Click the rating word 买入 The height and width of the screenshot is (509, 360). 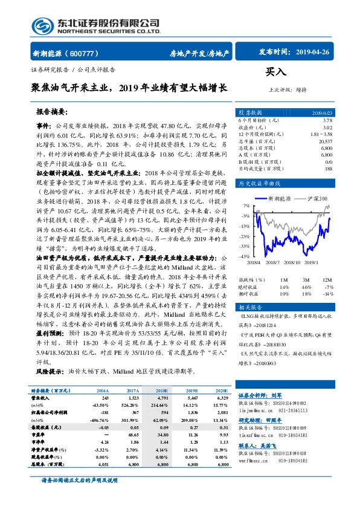[275, 71]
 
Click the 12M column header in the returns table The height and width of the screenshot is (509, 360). [327, 280]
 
